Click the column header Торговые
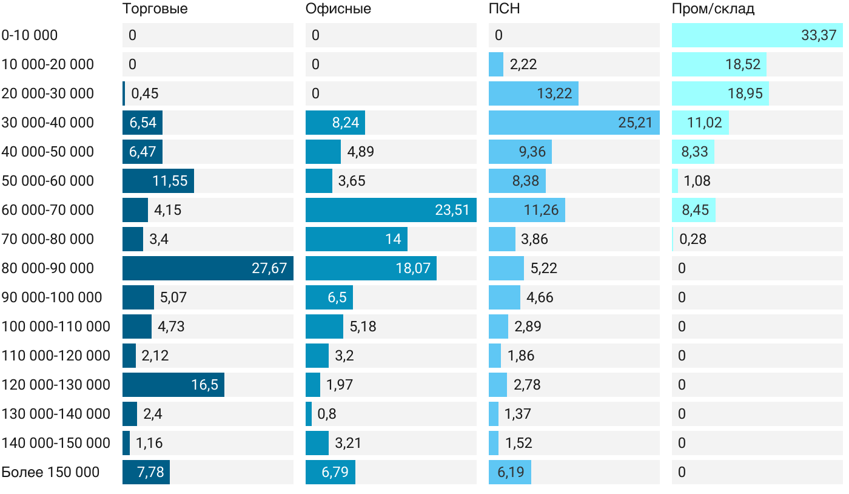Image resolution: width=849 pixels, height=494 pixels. click(155, 9)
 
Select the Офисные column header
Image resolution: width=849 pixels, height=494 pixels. click(338, 9)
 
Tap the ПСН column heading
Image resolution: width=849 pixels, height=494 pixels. click(504, 9)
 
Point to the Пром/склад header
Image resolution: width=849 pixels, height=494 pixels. click(713, 9)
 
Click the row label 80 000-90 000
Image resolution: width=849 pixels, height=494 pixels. click(48, 268)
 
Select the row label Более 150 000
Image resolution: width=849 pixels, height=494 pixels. click(50, 472)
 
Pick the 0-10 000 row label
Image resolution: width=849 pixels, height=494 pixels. click(30, 35)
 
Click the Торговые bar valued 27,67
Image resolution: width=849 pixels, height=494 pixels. click(207, 268)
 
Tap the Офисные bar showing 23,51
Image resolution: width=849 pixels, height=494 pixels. click(391, 210)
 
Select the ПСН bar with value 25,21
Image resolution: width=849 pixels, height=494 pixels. click(574, 123)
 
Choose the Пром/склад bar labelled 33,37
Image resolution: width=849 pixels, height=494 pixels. click(757, 35)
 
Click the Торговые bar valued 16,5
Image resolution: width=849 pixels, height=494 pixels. click(173, 385)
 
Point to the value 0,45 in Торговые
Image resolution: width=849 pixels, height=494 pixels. click(145, 93)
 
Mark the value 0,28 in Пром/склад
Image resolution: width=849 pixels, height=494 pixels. click(693, 239)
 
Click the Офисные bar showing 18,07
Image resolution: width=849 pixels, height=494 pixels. click(371, 268)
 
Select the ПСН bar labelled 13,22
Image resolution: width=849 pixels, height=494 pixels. click(534, 93)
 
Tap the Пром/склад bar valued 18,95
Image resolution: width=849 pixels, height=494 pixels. click(720, 93)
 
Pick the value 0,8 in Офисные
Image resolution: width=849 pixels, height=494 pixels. click(326, 414)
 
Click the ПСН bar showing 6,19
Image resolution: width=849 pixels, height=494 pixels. click(510, 472)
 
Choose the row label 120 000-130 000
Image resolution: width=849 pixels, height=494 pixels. click(56, 385)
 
